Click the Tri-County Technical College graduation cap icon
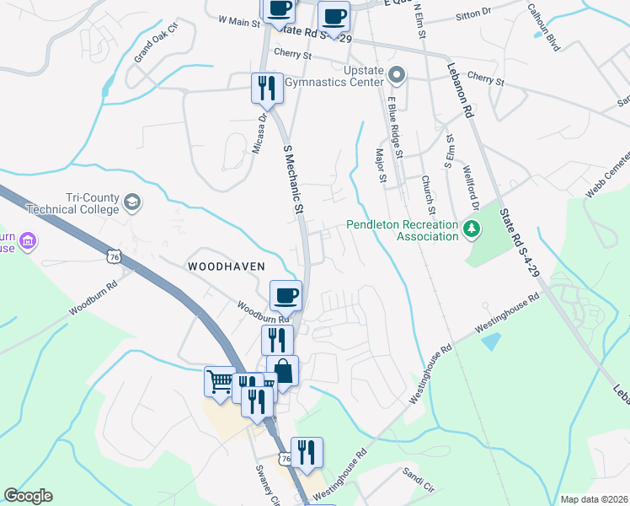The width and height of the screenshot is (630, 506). click(x=132, y=202)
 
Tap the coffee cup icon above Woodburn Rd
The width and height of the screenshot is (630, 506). click(x=286, y=295)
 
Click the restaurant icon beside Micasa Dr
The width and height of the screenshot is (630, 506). click(x=266, y=87)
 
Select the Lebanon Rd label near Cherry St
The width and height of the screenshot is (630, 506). click(x=462, y=87)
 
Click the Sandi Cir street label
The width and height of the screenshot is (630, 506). click(x=417, y=487)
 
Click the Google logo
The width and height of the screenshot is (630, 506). click(x=28, y=496)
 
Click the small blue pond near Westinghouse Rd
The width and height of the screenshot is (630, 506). click(x=489, y=342)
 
